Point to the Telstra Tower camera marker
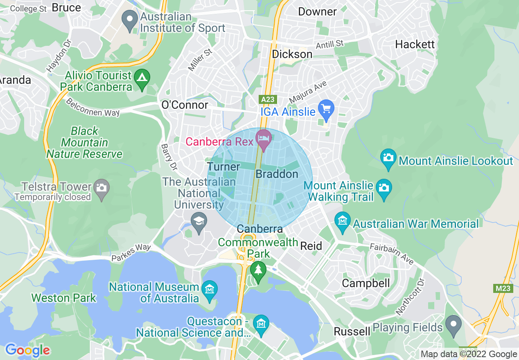pyautogui.click(x=101, y=189)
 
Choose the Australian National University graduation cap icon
pyautogui.click(x=199, y=223)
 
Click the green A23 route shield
pyautogui.click(x=268, y=99)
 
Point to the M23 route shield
pyautogui.click(x=503, y=288)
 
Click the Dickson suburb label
pyautogui.click(x=292, y=54)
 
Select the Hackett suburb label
pyautogui.click(x=415, y=44)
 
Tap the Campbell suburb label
pyautogui.click(x=366, y=283)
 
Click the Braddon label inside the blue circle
pyautogui.click(x=277, y=174)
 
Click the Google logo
pyautogui.click(x=27, y=350)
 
